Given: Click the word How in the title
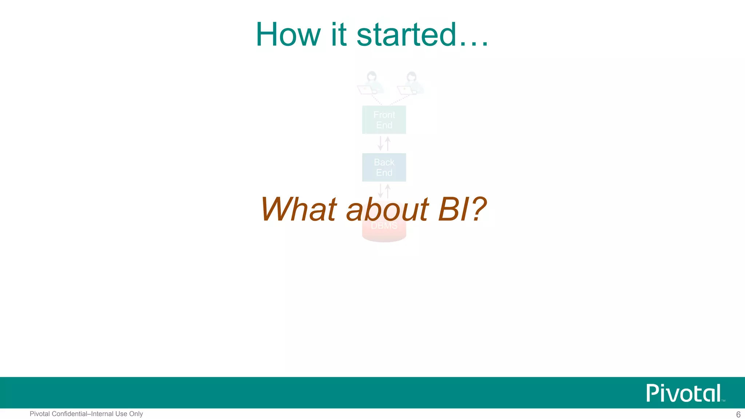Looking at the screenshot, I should pos(288,35).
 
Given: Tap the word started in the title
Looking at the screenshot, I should pos(406,35).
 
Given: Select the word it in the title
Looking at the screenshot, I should pos(338,35).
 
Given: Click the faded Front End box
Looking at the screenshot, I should pos(384,120).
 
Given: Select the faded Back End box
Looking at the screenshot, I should pos(384,167).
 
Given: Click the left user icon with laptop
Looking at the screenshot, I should pos(370,83).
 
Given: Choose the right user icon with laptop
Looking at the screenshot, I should pos(411,83).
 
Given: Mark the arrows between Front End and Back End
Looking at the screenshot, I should pos(384,143).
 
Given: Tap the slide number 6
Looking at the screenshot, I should pos(738,414).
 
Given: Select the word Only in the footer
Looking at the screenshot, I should pos(136,414).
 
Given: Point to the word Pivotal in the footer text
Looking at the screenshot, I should pos(40,414).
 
